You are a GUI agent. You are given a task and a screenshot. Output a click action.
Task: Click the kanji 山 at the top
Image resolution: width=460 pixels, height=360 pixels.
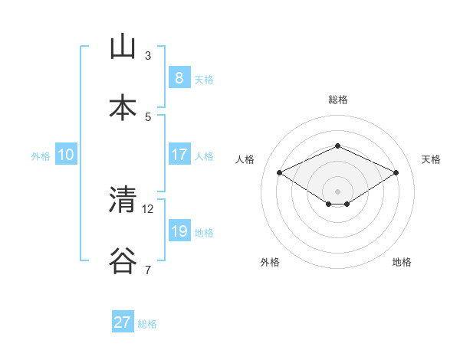123,47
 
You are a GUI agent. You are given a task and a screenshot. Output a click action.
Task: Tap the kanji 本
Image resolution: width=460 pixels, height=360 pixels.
123,107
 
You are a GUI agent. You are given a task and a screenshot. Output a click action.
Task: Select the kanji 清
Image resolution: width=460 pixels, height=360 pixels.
123,200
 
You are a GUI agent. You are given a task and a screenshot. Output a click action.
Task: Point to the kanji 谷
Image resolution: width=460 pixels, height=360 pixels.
123,260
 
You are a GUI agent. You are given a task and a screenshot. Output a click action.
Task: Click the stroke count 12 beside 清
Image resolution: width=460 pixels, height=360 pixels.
148,208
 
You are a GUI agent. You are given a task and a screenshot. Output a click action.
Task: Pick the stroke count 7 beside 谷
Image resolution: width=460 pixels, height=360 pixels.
148,270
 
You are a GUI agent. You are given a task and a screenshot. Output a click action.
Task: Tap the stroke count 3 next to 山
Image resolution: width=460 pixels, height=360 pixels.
148,56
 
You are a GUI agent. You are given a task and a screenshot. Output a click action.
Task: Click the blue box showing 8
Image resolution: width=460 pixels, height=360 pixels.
179,77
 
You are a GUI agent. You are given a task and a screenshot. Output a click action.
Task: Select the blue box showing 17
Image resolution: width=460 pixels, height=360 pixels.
179,154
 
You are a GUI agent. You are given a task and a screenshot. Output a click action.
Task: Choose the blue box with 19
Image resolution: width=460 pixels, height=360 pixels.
179,231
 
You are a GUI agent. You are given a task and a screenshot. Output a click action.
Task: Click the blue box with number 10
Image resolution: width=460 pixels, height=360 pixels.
66,155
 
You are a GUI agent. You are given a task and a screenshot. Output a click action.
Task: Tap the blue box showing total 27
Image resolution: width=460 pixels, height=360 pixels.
122,322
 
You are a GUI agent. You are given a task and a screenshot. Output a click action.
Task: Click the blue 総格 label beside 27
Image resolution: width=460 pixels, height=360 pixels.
147,324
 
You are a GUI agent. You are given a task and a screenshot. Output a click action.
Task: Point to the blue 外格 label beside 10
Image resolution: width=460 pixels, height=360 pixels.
41,155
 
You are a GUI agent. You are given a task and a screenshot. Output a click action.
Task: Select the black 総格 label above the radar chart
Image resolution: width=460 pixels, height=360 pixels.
337,100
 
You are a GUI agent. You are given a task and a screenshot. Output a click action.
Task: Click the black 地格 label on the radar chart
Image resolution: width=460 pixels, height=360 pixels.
402,262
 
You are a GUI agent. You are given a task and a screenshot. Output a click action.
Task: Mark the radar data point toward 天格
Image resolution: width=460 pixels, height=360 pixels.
396,172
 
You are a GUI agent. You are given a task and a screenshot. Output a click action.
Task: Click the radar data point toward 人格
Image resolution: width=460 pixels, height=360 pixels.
280,172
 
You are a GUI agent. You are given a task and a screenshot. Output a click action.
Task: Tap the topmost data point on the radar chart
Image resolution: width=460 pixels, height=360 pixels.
337,146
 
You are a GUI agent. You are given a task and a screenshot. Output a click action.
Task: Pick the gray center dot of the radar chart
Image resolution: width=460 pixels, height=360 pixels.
337,191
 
